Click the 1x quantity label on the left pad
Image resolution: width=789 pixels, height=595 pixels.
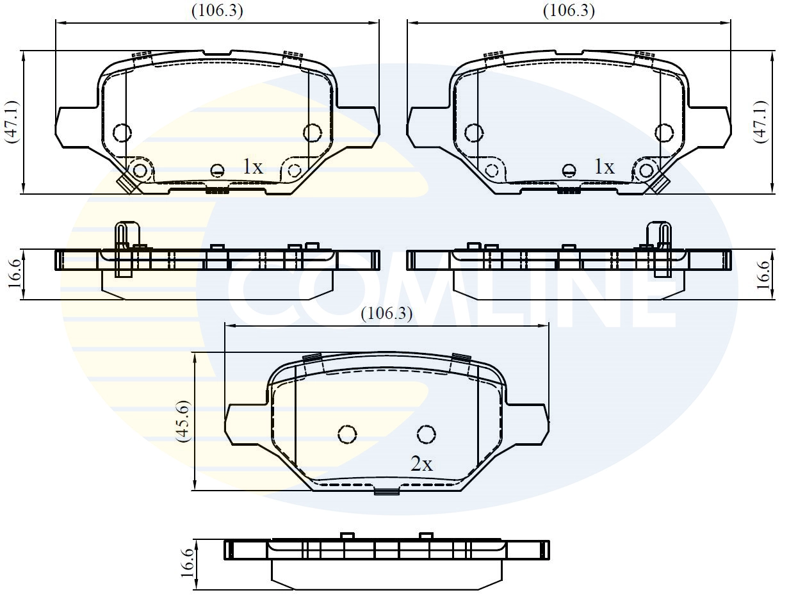click(x=252, y=167)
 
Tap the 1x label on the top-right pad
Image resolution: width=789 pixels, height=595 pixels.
click(x=604, y=167)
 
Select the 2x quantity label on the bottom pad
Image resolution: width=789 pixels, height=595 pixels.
click(x=421, y=464)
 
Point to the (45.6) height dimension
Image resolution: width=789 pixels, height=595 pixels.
click(x=184, y=421)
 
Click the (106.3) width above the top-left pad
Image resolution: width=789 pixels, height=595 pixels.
click(x=217, y=11)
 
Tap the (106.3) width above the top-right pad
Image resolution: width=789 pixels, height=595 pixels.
click(x=569, y=11)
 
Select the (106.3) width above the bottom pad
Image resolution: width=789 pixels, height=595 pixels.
click(x=386, y=314)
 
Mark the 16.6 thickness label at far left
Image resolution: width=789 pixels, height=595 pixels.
click(x=13, y=274)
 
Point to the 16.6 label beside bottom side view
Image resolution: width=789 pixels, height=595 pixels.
click(x=186, y=564)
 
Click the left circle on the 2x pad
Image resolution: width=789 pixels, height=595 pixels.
click(x=347, y=434)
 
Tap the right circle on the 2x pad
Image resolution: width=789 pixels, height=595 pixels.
click(x=427, y=434)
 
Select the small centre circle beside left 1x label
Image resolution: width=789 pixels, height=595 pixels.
click(x=218, y=170)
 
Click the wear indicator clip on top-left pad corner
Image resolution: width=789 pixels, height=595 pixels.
click(x=126, y=183)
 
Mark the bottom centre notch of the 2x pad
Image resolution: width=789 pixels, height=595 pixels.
click(x=386, y=492)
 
